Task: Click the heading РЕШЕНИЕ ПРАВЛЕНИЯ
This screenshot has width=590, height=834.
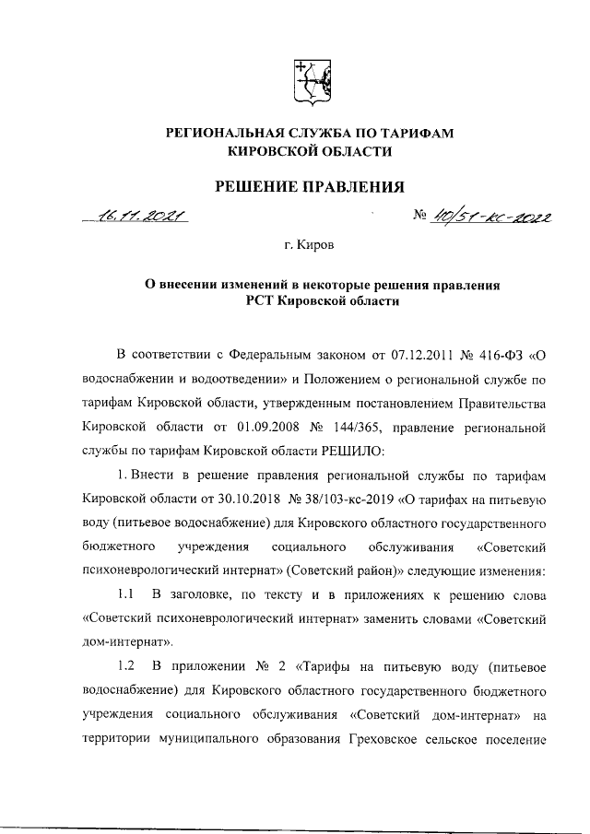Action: (310, 188)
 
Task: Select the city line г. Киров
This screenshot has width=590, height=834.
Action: (310, 247)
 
